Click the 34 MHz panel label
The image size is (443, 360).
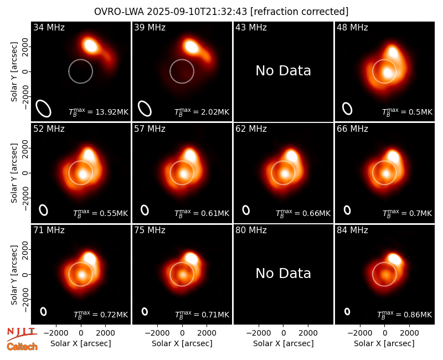[x=49, y=27]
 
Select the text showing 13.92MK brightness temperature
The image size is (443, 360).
[x=99, y=112]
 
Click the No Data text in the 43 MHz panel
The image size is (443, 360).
[x=283, y=71]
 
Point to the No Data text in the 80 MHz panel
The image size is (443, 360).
[x=283, y=273]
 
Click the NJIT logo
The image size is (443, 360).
[x=22, y=333]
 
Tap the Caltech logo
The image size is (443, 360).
[x=22, y=347]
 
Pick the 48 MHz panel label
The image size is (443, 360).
[x=352, y=27]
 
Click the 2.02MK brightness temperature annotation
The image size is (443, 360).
[x=202, y=112]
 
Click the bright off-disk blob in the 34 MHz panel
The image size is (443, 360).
[x=91, y=45]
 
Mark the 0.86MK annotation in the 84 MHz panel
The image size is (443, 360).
[x=405, y=315]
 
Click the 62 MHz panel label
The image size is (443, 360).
[x=251, y=129]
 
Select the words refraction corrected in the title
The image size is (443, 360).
[x=300, y=12]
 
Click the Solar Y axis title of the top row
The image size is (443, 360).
[x=14, y=72]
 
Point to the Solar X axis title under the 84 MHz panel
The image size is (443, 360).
[x=384, y=343]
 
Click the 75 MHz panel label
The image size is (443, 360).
[x=150, y=230]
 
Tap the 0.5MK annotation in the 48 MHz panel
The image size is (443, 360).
[x=407, y=112]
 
